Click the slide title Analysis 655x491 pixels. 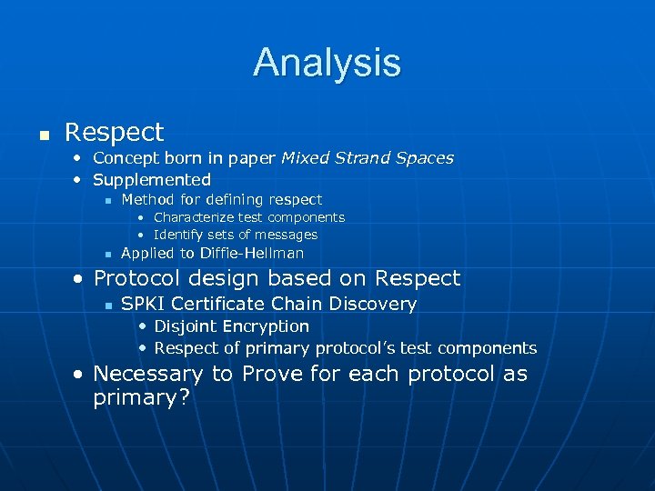[x=327, y=62]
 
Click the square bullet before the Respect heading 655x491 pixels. [x=42, y=134]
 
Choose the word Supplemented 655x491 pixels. [x=152, y=180]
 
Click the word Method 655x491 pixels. [x=146, y=199]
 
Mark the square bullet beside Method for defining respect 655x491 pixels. [x=106, y=200]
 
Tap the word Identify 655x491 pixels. [x=180, y=235]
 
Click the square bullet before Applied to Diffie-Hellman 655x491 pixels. [x=106, y=254]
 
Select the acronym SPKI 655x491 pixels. [x=143, y=304]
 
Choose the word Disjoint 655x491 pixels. [x=184, y=326]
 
